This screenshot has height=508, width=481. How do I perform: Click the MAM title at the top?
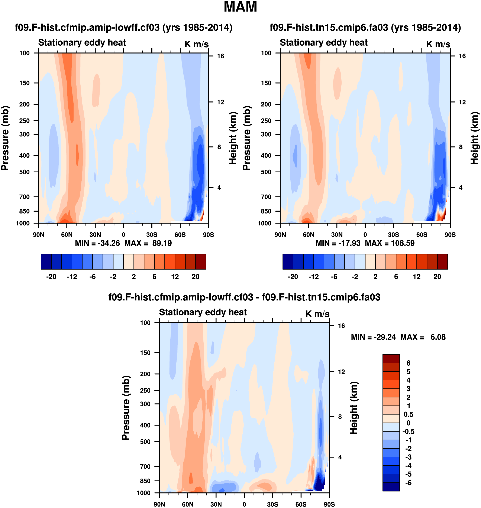[x=240, y=7]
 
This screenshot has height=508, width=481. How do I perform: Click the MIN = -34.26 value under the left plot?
[x=97, y=243]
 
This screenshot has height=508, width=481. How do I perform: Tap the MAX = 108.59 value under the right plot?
[x=390, y=243]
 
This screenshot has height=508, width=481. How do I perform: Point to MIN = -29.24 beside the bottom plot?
[x=373, y=337]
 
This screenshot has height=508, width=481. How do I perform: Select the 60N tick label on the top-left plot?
[x=67, y=235]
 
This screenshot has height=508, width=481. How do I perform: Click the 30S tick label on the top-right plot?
[x=393, y=235]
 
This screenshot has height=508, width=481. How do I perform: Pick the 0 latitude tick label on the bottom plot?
[x=244, y=504]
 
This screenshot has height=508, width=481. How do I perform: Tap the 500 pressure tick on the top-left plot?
[x=24, y=172]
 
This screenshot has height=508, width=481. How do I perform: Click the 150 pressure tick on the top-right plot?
[x=266, y=83]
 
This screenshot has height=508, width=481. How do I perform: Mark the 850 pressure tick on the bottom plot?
[x=145, y=481]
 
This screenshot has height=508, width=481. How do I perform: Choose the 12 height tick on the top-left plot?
[x=220, y=102]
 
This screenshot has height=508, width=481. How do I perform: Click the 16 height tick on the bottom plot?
[x=341, y=326]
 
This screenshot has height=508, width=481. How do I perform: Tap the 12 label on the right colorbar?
[x=417, y=277]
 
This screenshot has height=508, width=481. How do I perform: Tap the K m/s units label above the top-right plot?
[x=438, y=44]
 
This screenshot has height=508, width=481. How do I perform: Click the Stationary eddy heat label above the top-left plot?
[x=82, y=43]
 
